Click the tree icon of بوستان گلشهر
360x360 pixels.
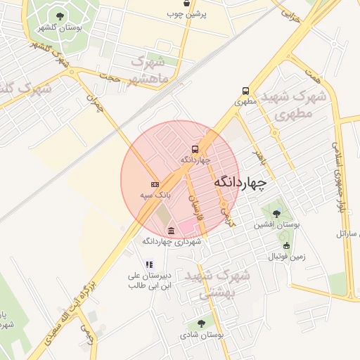point(59,15)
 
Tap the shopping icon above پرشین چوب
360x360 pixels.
point(186,3)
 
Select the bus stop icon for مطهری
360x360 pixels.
point(245,91)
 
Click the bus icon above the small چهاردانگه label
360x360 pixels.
point(195,149)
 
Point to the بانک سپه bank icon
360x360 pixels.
point(155,184)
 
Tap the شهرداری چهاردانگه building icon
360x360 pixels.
point(172,231)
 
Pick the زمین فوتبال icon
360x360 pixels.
point(286,245)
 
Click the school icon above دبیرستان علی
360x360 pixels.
point(148,264)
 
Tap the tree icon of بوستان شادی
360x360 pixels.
point(202,323)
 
